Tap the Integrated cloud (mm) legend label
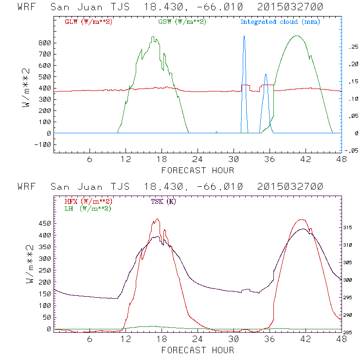click(x=280, y=22)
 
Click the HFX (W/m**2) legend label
click(x=88, y=201)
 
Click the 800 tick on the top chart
click(x=45, y=43)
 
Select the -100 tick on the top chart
click(x=43, y=144)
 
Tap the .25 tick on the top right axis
click(x=351, y=47)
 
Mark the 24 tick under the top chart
click(x=198, y=160)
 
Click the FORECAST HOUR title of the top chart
click(x=198, y=170)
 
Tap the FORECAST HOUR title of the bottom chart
click(x=198, y=350)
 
